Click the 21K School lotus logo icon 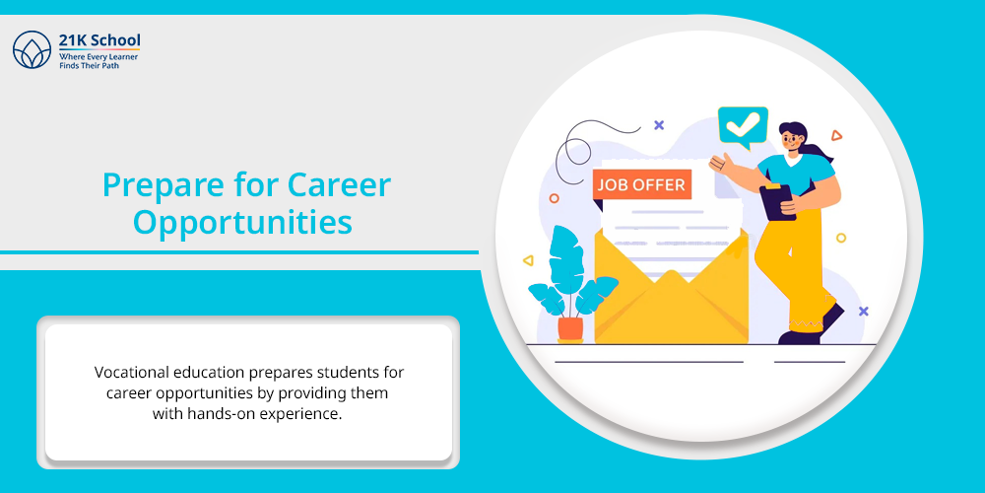click(x=32, y=49)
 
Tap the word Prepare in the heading click(x=159, y=186)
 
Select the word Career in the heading click(x=339, y=185)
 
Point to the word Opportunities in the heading click(x=242, y=223)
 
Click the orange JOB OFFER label click(x=641, y=185)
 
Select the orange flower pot click(x=569, y=329)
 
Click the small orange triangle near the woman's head click(x=835, y=135)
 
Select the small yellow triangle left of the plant click(x=528, y=260)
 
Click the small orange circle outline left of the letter click(x=554, y=198)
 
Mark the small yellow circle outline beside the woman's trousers click(x=840, y=238)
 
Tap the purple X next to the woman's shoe click(x=863, y=311)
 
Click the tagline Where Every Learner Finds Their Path click(x=98, y=61)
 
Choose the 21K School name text click(x=99, y=40)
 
